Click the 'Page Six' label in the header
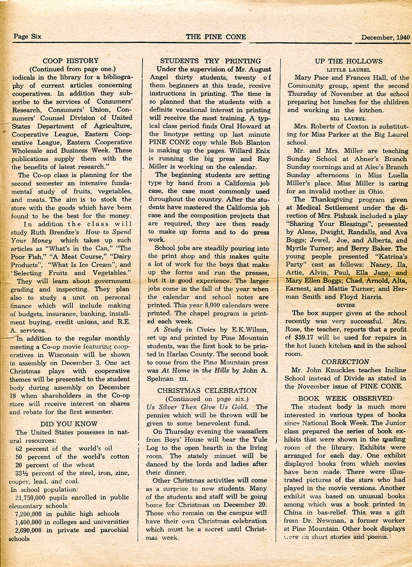pos(27,36)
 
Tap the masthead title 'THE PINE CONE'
pos(216,37)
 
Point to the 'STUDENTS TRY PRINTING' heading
pos(210,61)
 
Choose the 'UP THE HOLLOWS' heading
pos(348,61)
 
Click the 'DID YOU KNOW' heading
pos(69,424)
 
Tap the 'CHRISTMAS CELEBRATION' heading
pos(207,390)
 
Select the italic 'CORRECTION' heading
pos(345,362)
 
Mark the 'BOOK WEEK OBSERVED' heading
pos(345,398)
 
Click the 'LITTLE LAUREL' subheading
pos(348,70)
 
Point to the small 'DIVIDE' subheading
pos(346,305)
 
